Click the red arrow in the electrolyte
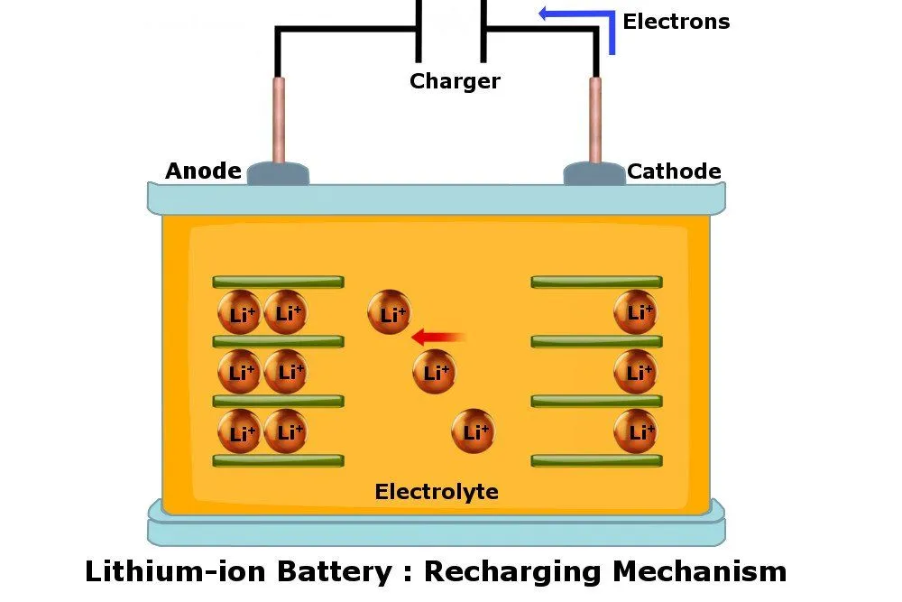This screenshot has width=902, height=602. pos(439,338)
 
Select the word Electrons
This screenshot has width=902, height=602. pos(676,22)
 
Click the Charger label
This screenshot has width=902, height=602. pos(455,81)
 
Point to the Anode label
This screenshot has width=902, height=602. pos(203,171)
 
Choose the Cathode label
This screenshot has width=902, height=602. pos(674,171)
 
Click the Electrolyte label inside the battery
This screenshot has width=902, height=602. pos(437,492)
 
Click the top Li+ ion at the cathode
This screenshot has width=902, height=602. pos(636,312)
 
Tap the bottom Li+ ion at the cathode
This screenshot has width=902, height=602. pos(636,431)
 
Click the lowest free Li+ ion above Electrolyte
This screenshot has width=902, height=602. pos(474,431)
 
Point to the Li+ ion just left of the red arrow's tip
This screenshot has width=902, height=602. pos(390,313)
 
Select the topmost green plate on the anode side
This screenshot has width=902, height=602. pos(278,282)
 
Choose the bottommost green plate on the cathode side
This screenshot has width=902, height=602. pos(596,460)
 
